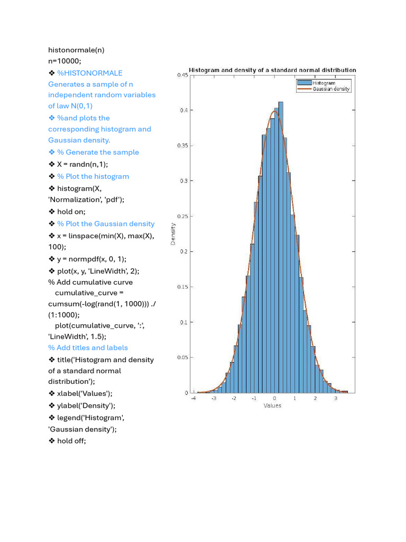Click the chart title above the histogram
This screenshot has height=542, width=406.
click(x=272, y=70)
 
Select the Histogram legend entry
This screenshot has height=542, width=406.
click(x=324, y=83)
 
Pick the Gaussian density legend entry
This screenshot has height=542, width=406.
click(x=331, y=89)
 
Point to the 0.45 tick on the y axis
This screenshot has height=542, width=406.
click(x=181, y=75)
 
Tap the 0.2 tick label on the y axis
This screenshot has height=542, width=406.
click(x=183, y=251)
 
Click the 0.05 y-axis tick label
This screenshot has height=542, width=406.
click(x=181, y=357)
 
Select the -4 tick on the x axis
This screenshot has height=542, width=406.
click(x=193, y=398)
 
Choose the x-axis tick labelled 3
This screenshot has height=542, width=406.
click(x=336, y=398)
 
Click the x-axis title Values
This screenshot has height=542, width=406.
click(x=272, y=405)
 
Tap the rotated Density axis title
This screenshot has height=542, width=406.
click(x=173, y=233)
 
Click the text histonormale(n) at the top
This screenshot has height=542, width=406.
click(x=76, y=50)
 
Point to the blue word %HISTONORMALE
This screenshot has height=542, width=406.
click(x=89, y=73)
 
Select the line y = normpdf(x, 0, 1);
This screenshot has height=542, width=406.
click(x=91, y=259)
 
